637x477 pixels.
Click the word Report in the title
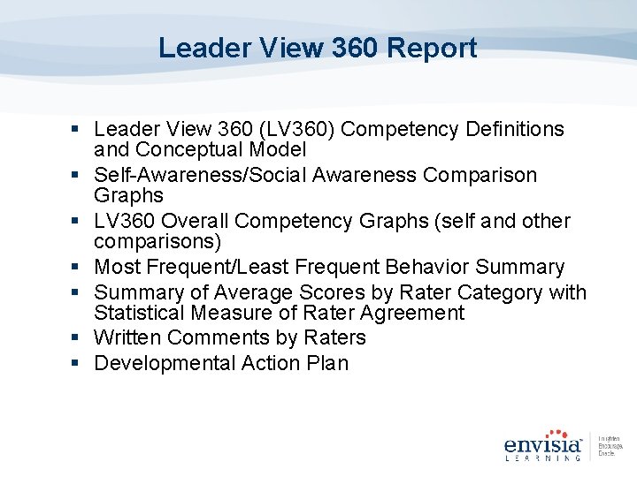tap(432, 48)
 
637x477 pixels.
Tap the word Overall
tap(200, 221)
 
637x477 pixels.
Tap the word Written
tap(127, 338)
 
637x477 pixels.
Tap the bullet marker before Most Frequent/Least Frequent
tap(81, 267)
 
